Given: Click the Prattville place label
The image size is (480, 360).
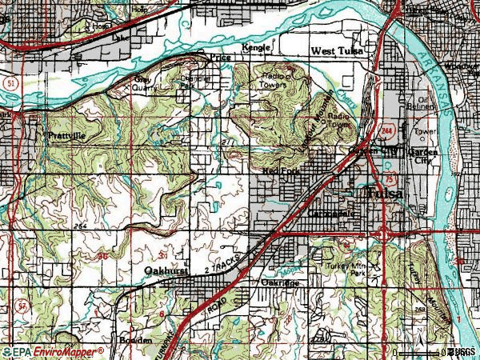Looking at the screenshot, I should (x=65, y=136).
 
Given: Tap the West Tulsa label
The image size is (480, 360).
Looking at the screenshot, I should (x=337, y=51).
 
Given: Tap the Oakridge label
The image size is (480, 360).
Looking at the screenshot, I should (x=279, y=282).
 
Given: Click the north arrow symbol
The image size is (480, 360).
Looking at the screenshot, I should (x=417, y=346).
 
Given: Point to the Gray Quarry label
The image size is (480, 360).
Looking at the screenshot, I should (x=144, y=84).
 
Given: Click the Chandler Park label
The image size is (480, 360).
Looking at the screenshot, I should (x=194, y=82).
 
